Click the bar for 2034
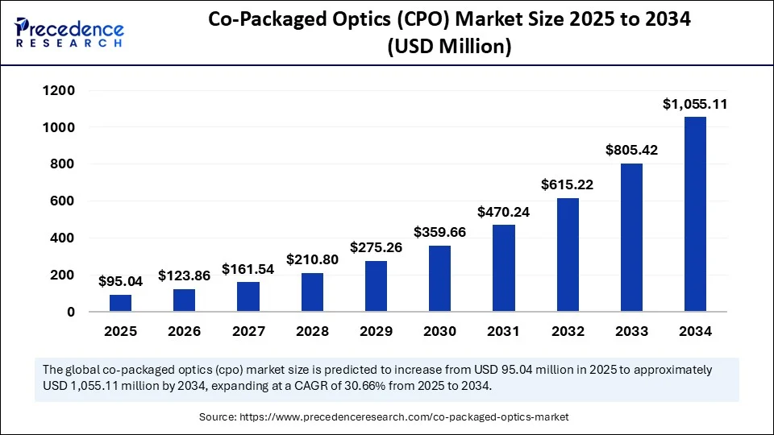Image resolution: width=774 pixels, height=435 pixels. [x=695, y=213]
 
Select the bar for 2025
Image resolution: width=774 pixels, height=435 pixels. [x=120, y=303]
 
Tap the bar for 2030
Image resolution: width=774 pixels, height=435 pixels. [x=439, y=278]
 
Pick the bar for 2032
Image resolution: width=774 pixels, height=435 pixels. [x=568, y=255]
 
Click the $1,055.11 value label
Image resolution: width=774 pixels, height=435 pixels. [x=695, y=104]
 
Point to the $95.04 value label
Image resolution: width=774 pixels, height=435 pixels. [x=120, y=281]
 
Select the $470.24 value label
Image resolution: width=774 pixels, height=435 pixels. [x=503, y=212]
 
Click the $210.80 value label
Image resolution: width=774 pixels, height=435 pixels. [x=312, y=260]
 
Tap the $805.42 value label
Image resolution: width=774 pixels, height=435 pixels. [x=631, y=150]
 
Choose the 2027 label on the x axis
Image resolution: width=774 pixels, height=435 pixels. [x=248, y=331]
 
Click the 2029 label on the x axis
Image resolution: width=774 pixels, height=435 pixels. [x=376, y=331]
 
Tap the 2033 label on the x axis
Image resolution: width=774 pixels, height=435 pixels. [x=631, y=331]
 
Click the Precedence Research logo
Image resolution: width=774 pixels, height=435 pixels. [x=69, y=33]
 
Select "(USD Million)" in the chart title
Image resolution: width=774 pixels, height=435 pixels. [x=449, y=48]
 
